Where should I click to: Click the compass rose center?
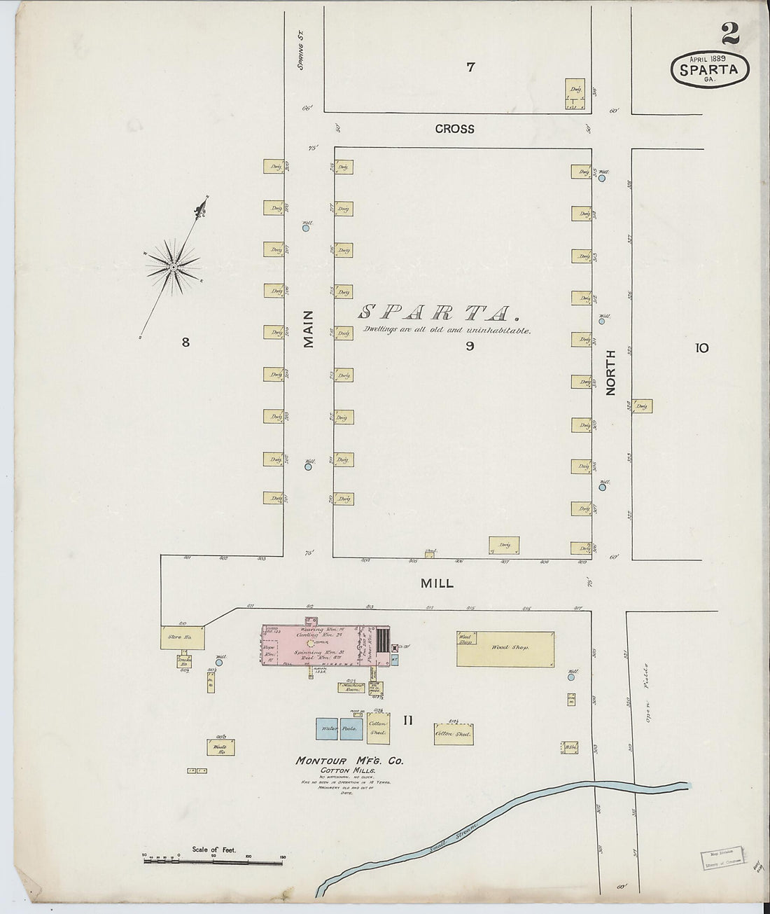tap(172, 268)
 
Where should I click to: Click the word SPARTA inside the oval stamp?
tap(710, 69)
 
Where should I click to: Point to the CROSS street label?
tap(454, 129)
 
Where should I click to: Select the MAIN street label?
tap(309, 329)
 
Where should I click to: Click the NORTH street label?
tap(610, 379)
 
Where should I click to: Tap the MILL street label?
tap(437, 583)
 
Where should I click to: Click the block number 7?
tap(470, 67)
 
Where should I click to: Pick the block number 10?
tap(702, 347)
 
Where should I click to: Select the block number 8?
tap(185, 342)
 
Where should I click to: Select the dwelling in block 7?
tap(575, 95)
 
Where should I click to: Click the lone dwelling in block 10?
tap(643, 405)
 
